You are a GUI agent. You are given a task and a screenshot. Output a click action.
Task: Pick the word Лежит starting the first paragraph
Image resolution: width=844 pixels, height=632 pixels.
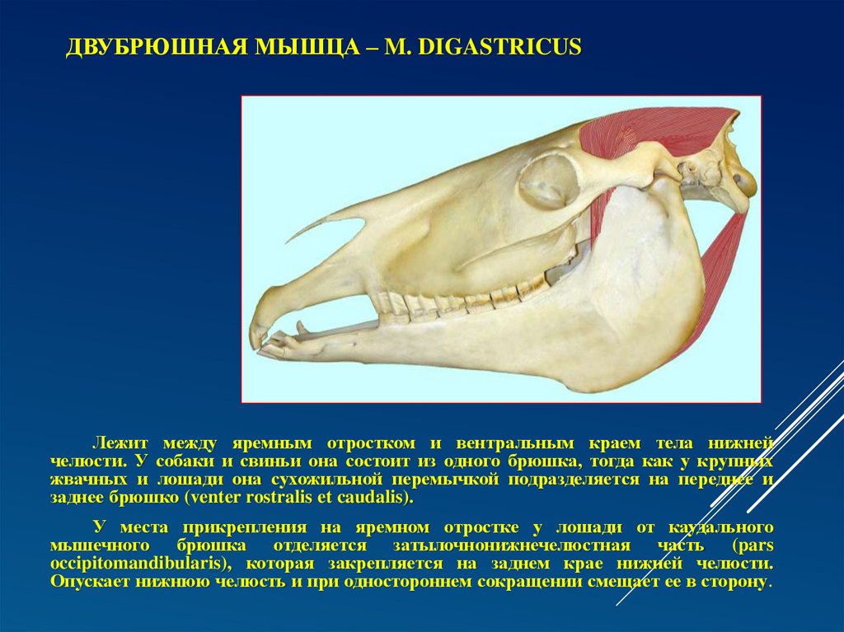coord(120,443)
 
